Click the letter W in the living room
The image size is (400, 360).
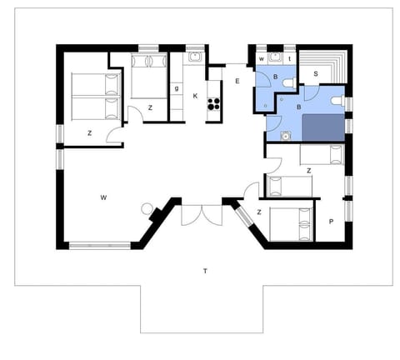103,197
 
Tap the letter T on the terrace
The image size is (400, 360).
204,271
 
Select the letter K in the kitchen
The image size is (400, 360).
195,96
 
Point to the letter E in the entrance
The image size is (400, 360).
237,81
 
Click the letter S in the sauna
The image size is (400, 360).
316,74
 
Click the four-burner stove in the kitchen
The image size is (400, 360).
213,104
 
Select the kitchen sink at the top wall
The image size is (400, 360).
194,57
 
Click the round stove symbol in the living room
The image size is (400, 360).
147,208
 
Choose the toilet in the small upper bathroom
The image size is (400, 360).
287,82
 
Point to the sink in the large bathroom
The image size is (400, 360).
285,135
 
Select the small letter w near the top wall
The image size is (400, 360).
262,59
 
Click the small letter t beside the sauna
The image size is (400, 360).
289,59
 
